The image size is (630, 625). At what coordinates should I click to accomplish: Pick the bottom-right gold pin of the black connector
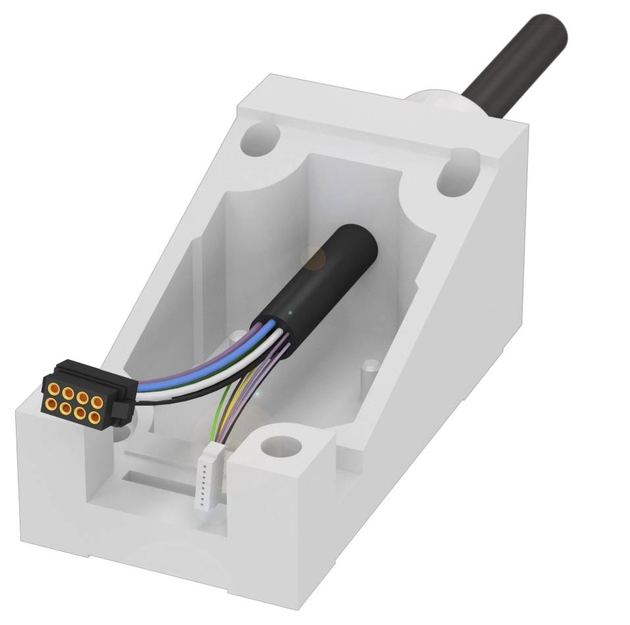click(95, 418)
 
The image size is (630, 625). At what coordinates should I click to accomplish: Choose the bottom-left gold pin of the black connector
click(51, 402)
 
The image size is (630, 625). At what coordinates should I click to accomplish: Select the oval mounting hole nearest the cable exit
click(459, 170)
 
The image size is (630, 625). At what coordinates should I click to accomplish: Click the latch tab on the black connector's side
click(119, 411)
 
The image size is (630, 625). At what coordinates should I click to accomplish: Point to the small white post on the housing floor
click(371, 366)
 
